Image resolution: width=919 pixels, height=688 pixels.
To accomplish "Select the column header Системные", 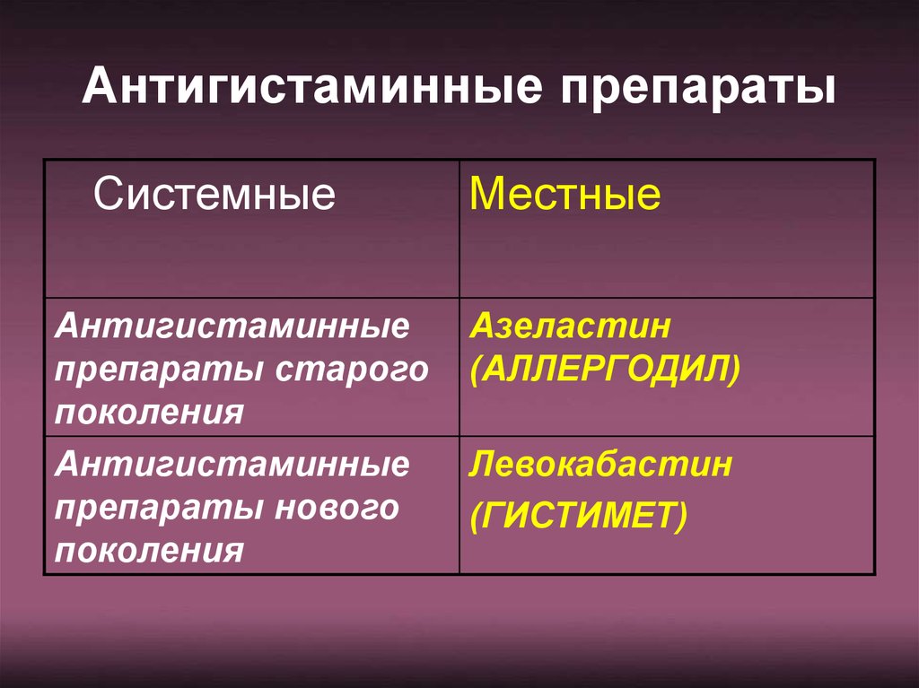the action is [x=214, y=194].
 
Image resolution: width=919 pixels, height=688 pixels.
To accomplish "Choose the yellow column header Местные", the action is [x=565, y=194].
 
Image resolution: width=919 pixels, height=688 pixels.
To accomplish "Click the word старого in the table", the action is [x=352, y=371].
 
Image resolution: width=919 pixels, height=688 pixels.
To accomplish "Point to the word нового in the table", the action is [x=337, y=508].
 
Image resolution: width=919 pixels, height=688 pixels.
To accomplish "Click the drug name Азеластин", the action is [x=570, y=326].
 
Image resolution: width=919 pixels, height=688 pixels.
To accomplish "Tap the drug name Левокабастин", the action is [x=600, y=464].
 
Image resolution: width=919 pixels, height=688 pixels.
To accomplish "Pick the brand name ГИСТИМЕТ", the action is [x=579, y=516].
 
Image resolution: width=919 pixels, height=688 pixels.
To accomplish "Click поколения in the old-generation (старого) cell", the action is [x=150, y=413].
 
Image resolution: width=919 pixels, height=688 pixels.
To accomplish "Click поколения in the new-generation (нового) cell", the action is [x=150, y=551].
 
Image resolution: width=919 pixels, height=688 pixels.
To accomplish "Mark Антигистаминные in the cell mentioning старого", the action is [x=232, y=326].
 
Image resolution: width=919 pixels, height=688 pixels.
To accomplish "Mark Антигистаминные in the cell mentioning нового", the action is [x=232, y=464].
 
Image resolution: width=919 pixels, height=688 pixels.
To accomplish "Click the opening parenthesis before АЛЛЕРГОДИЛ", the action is [x=476, y=370].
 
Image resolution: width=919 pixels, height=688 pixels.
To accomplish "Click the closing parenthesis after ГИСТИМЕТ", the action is [x=680, y=517].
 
